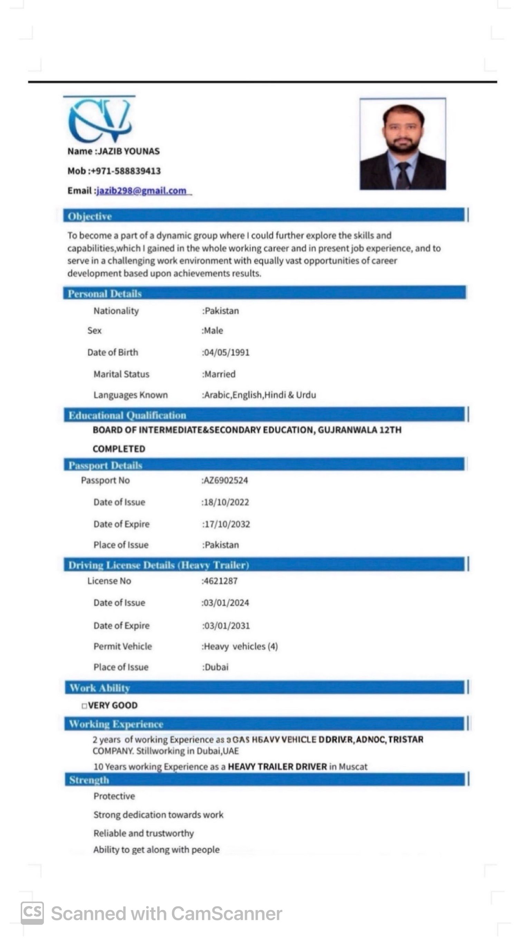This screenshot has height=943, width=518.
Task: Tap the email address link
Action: tap(141, 191)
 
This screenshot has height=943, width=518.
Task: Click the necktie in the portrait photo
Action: tap(403, 175)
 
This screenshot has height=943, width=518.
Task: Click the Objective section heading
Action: tap(90, 216)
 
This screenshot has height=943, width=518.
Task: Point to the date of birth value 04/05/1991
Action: tap(227, 352)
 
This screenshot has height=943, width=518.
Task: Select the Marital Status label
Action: tap(121, 374)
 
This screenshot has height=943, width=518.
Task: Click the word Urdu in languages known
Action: tap(306, 395)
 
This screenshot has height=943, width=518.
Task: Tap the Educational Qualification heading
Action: tap(127, 416)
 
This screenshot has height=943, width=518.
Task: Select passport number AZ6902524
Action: tap(225, 480)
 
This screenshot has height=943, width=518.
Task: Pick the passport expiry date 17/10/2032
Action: tap(227, 524)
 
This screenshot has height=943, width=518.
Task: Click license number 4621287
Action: tap(220, 581)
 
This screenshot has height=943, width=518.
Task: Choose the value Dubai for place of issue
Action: tap(216, 667)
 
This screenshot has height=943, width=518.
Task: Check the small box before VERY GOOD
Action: tap(84, 706)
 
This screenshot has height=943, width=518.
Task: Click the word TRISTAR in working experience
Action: tap(405, 739)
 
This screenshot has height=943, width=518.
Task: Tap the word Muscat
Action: tap(353, 767)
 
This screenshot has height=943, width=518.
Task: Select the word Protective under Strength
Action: tap(114, 796)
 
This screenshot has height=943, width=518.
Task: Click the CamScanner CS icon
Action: tap(32, 913)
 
